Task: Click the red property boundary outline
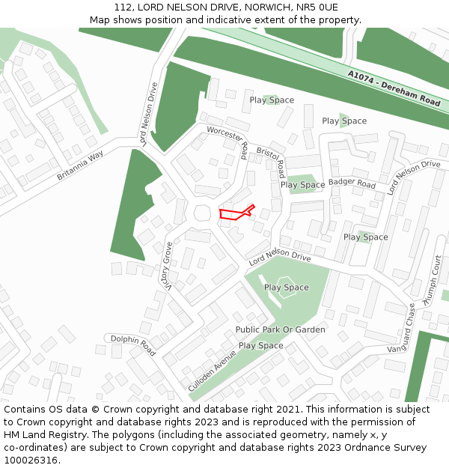click(236, 213)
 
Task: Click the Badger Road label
click(352, 183)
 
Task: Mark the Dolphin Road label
click(133, 344)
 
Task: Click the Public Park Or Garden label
click(280, 329)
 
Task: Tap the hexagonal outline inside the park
click(285, 288)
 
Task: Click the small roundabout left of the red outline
click(202, 213)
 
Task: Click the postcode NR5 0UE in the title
click(318, 7)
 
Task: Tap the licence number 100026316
click(31, 460)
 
